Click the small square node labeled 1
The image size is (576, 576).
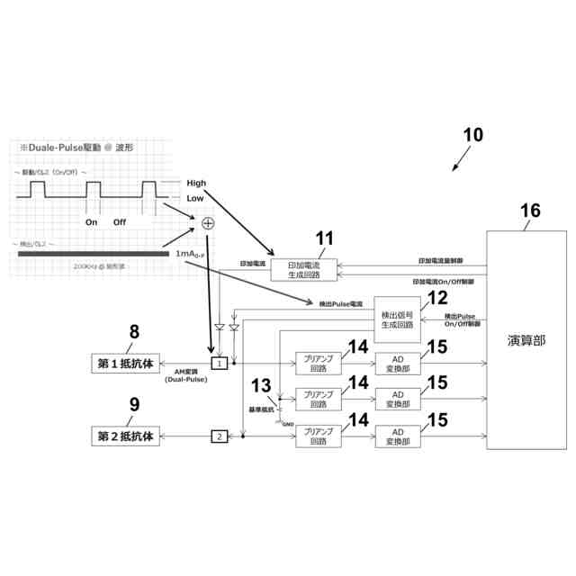tap(219, 363)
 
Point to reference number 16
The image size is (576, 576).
tap(530, 211)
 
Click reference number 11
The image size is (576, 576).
tap(324, 238)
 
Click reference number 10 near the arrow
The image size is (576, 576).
tap(473, 135)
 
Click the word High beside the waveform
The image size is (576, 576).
tap(196, 182)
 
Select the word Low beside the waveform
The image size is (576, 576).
tap(195, 198)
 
